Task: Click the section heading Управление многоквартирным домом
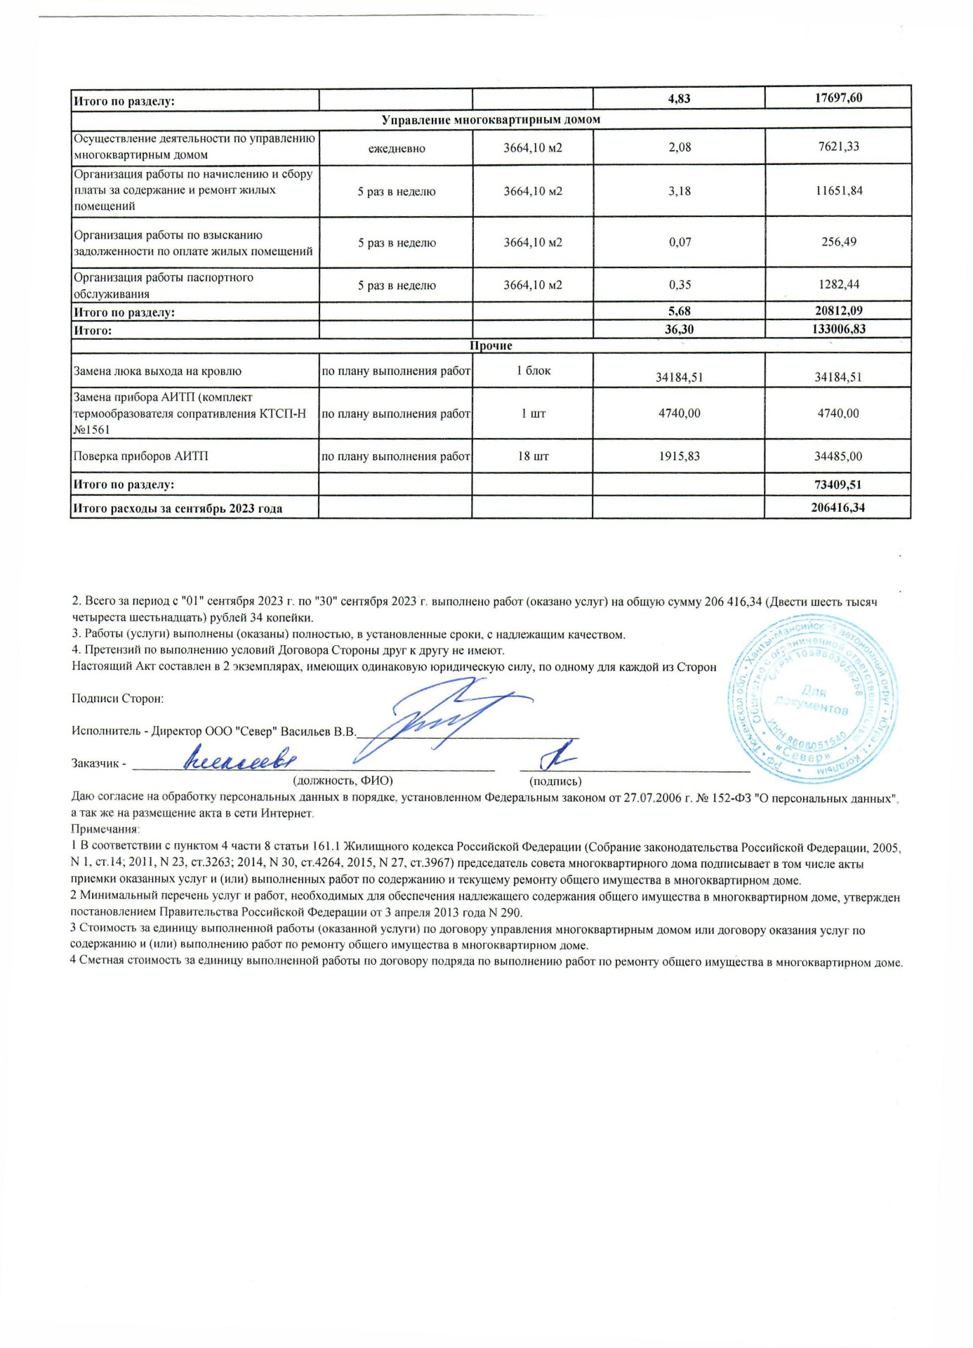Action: click(x=491, y=119)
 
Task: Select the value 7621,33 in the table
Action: click(x=839, y=147)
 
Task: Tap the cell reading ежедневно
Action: click(x=397, y=149)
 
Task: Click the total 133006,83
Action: click(x=838, y=329)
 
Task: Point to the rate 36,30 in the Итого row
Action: click(x=679, y=329)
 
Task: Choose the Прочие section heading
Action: click(x=491, y=345)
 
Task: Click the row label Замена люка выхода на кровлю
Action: click(x=157, y=371)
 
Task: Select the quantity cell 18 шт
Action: click(x=533, y=456)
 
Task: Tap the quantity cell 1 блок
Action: click(x=534, y=371)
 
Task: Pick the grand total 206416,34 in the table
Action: click(x=838, y=507)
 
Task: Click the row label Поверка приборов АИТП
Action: click(x=141, y=456)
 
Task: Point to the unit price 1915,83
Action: click(x=679, y=456)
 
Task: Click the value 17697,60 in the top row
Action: click(x=838, y=98)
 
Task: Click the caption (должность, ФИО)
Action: click(x=343, y=781)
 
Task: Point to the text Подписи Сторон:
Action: click(x=118, y=699)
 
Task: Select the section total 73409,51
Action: click(x=838, y=484)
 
